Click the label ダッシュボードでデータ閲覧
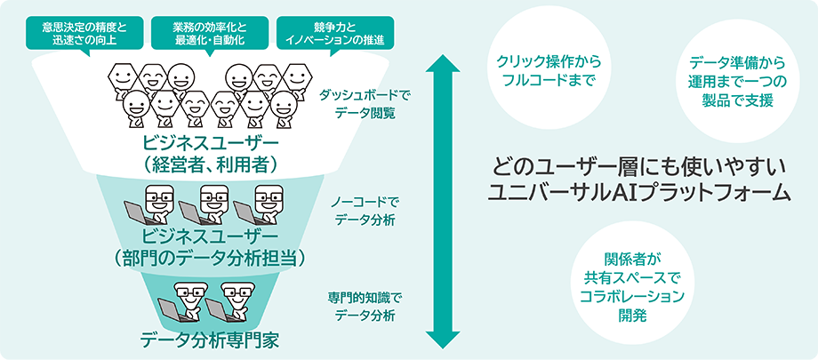coord(365,104)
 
